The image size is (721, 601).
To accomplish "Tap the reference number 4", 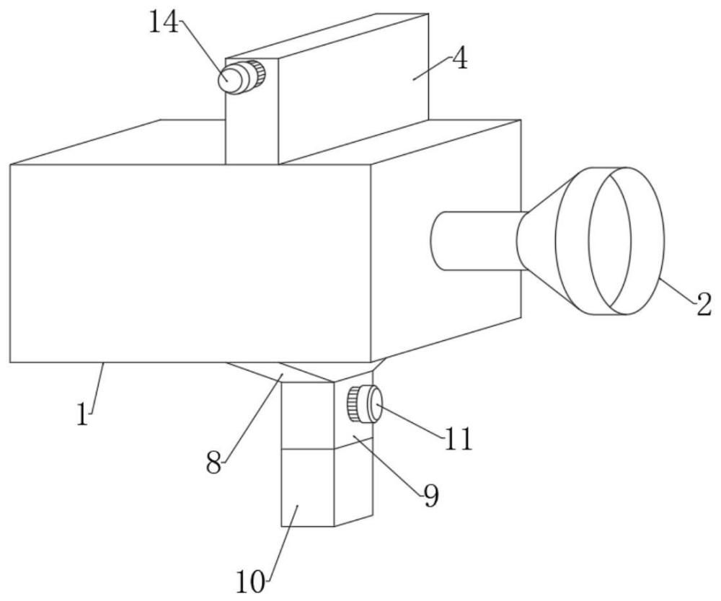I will pyautogui.click(x=459, y=60).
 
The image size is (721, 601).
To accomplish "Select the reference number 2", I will pyautogui.click(x=703, y=305).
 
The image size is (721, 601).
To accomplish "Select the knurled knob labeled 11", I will pyautogui.click(x=365, y=404).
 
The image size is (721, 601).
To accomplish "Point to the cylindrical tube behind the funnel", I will pyautogui.click(x=472, y=241).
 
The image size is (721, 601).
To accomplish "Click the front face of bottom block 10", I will pyautogui.click(x=307, y=487).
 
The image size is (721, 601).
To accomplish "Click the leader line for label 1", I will pyautogui.click(x=97, y=386).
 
